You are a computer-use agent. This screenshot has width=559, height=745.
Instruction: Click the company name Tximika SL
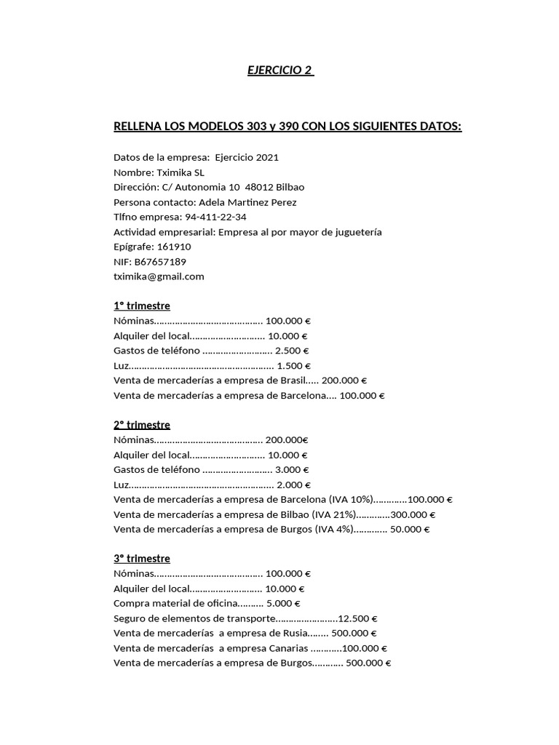pos(181,172)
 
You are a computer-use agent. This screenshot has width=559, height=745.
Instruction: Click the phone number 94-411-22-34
pos(215,217)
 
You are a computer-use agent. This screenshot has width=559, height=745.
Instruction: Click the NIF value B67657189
pos(160,261)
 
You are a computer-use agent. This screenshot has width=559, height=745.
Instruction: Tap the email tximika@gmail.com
pos(159,276)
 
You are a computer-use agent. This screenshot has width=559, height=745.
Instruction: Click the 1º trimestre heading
pos(141,306)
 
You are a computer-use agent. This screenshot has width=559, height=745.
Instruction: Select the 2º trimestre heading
pos(141,425)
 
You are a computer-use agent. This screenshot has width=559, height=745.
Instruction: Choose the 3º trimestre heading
pos(141,559)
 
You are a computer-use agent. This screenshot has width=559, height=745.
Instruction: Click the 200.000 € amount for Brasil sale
pos(344,381)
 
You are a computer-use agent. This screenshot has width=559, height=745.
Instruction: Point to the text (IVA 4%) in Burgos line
pos(335,529)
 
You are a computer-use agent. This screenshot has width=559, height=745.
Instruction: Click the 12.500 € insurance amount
pos(359,618)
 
